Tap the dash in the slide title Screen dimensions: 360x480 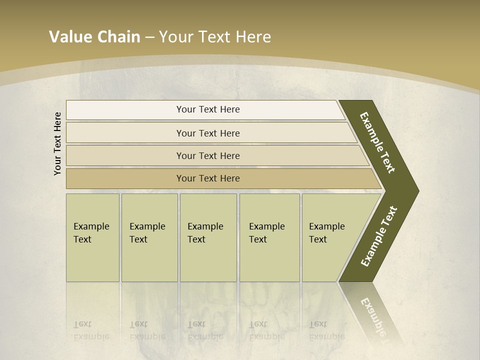tap(149, 37)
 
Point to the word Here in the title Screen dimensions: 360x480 tap(253, 37)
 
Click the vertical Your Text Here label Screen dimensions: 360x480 tap(57, 143)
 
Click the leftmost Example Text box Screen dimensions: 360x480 tap(92, 237)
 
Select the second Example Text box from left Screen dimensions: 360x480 tap(149, 237)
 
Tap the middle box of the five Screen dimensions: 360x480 tap(208, 237)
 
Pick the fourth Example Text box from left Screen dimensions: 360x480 tap(269, 237)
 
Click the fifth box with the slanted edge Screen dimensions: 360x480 tap(330, 237)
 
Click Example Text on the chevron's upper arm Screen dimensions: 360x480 tap(377, 142)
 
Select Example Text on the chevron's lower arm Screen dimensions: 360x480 tap(378, 236)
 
